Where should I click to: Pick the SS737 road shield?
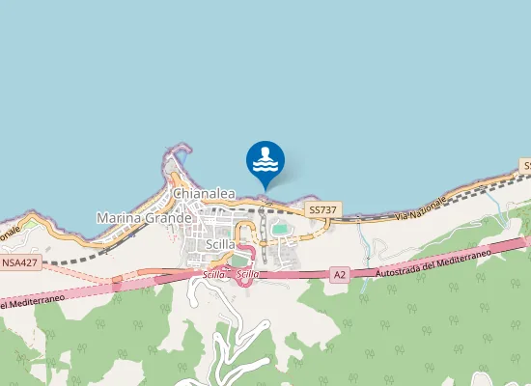click(322, 209)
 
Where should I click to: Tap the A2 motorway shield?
click(339, 274)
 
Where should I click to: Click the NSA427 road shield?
click(20, 262)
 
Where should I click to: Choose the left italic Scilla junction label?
click(213, 275)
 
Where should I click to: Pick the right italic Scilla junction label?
click(247, 275)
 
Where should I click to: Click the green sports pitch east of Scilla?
click(280, 230)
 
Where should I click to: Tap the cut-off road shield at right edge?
click(526, 166)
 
